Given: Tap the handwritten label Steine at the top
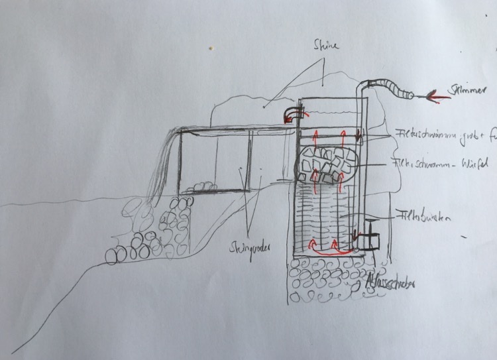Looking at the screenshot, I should (x=325, y=46).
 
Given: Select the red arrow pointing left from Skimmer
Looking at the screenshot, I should (x=437, y=97).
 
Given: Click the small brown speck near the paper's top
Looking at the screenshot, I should (x=211, y=48).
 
